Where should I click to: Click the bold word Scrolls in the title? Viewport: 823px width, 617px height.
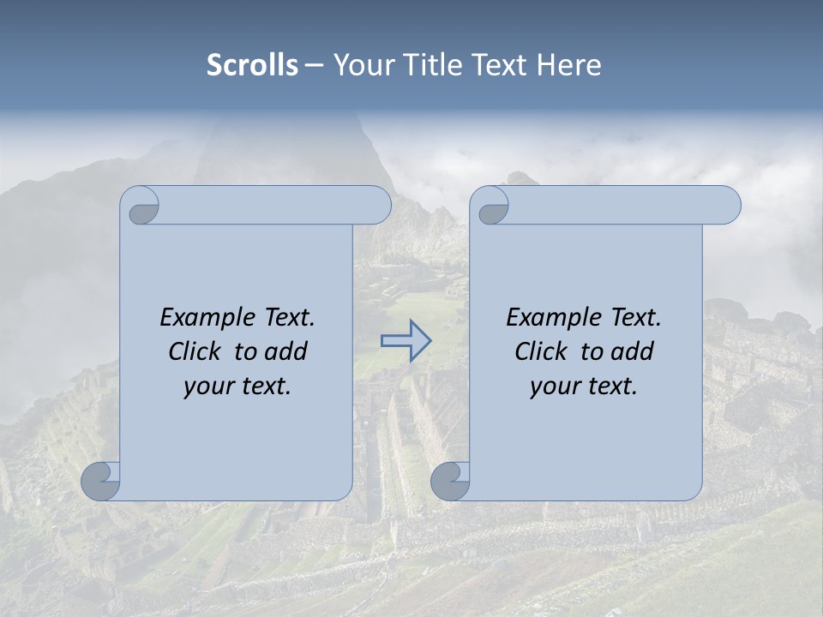(x=253, y=65)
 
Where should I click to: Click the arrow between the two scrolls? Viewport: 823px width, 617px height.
(x=405, y=340)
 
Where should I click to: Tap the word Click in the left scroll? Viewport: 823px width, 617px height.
(x=194, y=351)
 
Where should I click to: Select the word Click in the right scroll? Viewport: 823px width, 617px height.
(x=540, y=351)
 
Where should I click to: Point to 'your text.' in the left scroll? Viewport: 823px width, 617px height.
(x=237, y=386)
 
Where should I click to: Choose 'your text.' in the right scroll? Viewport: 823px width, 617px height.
(x=583, y=386)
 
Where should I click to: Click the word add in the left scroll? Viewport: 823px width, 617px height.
(x=285, y=351)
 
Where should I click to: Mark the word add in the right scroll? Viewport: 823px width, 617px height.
(x=632, y=351)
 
